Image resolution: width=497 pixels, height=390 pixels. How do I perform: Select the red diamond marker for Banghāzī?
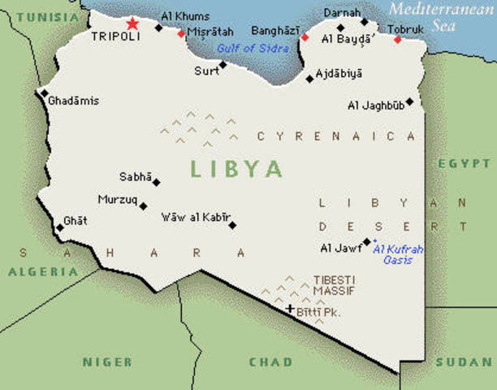pyautogui.click(x=305, y=37)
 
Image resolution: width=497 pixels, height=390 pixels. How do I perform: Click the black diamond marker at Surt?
pyautogui.click(x=223, y=64)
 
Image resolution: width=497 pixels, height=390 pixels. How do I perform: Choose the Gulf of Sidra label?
pyautogui.click(x=248, y=48)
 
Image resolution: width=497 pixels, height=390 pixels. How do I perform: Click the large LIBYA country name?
pyautogui.click(x=236, y=169)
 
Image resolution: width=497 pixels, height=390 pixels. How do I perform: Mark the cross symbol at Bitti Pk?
pyautogui.click(x=289, y=309)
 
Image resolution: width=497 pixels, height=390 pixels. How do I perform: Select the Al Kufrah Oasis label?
pyautogui.click(x=399, y=254)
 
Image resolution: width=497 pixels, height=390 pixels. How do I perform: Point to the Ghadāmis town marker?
pyautogui.click(x=44, y=93)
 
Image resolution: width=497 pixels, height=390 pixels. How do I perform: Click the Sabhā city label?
pyautogui.click(x=134, y=176)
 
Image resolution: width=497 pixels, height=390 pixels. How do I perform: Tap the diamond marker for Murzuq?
pyautogui.click(x=144, y=206)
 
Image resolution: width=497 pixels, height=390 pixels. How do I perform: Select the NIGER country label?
pyautogui.click(x=107, y=361)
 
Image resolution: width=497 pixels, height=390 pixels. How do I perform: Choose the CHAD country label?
pyautogui.click(x=271, y=361)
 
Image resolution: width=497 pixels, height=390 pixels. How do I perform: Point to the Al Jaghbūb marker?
pyautogui.click(x=409, y=102)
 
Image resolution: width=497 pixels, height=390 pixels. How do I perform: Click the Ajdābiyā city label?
pyautogui.click(x=339, y=73)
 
